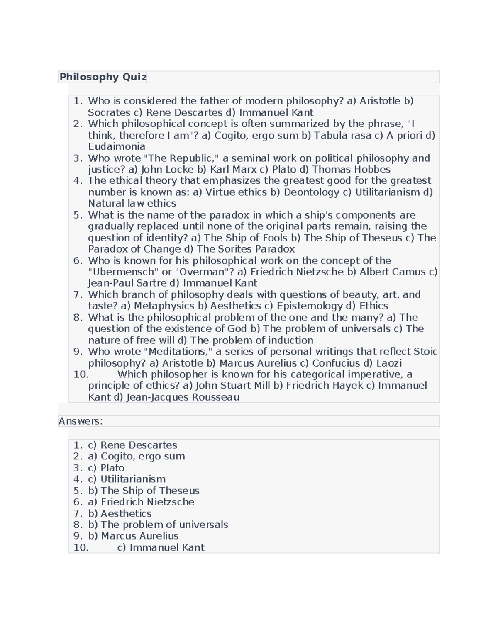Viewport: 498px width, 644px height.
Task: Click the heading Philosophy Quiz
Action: [x=103, y=77]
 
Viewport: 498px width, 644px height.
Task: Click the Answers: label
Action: [x=81, y=421]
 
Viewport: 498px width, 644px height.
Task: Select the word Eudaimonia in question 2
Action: [x=117, y=146]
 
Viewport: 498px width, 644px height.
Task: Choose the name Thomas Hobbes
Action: [x=351, y=169]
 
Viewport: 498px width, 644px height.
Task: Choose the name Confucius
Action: [x=336, y=363]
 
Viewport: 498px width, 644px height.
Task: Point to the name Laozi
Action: [x=389, y=363]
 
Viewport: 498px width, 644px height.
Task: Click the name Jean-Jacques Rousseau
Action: [x=183, y=397]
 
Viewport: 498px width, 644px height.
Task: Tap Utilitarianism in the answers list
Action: [x=133, y=479]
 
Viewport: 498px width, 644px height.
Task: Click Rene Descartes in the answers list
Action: [x=139, y=445]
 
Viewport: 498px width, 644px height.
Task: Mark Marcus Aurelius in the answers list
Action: [x=139, y=536]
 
